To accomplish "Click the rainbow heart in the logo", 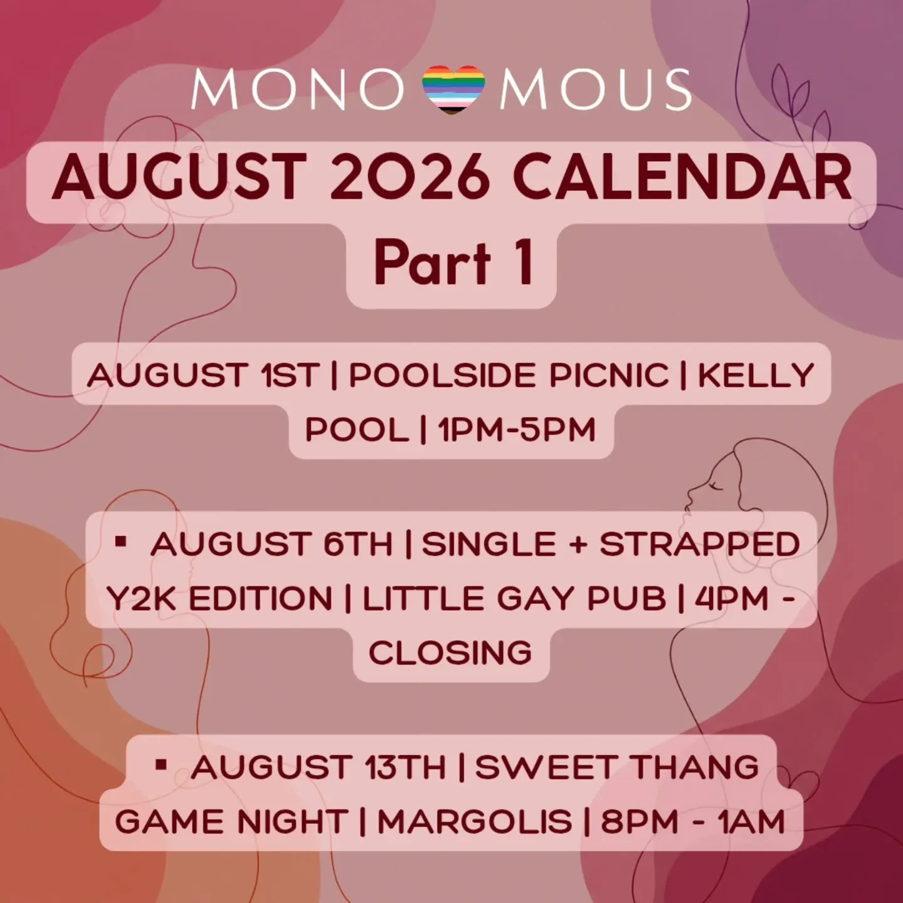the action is click(x=453, y=90).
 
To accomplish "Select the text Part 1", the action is click(x=453, y=261).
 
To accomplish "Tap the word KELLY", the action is click(x=756, y=375).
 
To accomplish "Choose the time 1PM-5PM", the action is click(x=517, y=430).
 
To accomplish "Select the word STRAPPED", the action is click(x=700, y=544).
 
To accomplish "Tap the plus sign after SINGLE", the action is click(x=578, y=544).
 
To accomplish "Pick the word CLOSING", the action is click(x=450, y=652).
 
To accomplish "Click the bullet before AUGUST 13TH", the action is click(x=161, y=765).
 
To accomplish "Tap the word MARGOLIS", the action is click(x=475, y=821).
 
